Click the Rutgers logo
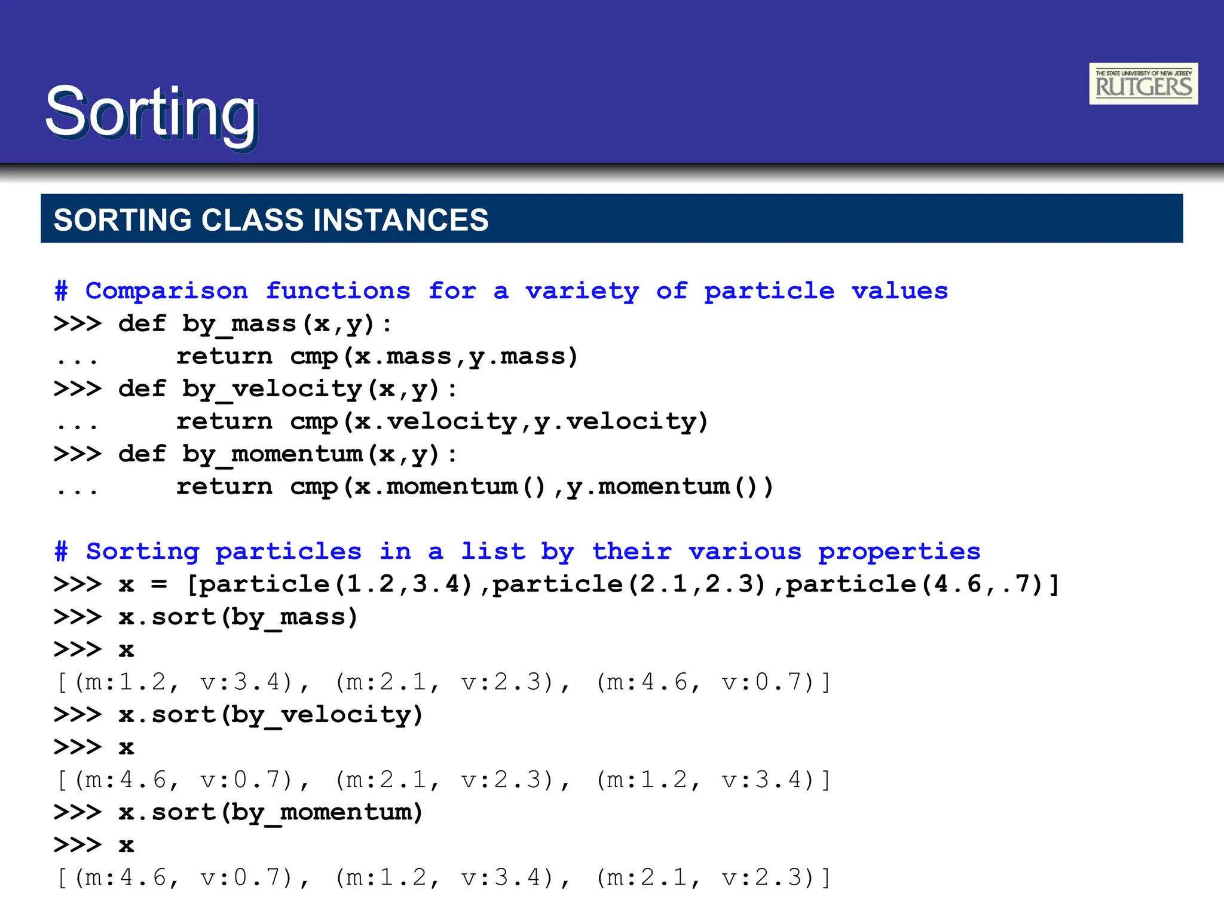click(x=1143, y=84)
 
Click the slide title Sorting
click(x=151, y=112)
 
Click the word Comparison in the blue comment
click(x=166, y=291)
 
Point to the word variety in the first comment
click(x=582, y=291)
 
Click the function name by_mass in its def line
click(x=239, y=324)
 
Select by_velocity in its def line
click(x=272, y=389)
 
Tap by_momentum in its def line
click(x=272, y=454)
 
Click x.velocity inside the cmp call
click(x=435, y=422)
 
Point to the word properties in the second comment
click(x=899, y=552)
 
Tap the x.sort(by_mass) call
click(x=238, y=617)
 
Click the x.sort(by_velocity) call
click(x=270, y=715)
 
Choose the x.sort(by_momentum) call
click(x=270, y=812)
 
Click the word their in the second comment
click(x=632, y=552)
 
